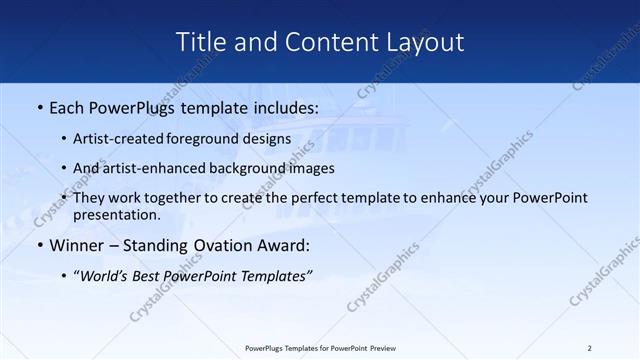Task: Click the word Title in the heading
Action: pos(199,42)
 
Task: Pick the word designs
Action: pos(268,139)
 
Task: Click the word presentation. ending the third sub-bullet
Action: pos(117,214)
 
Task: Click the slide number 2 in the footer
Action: pos(589,348)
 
